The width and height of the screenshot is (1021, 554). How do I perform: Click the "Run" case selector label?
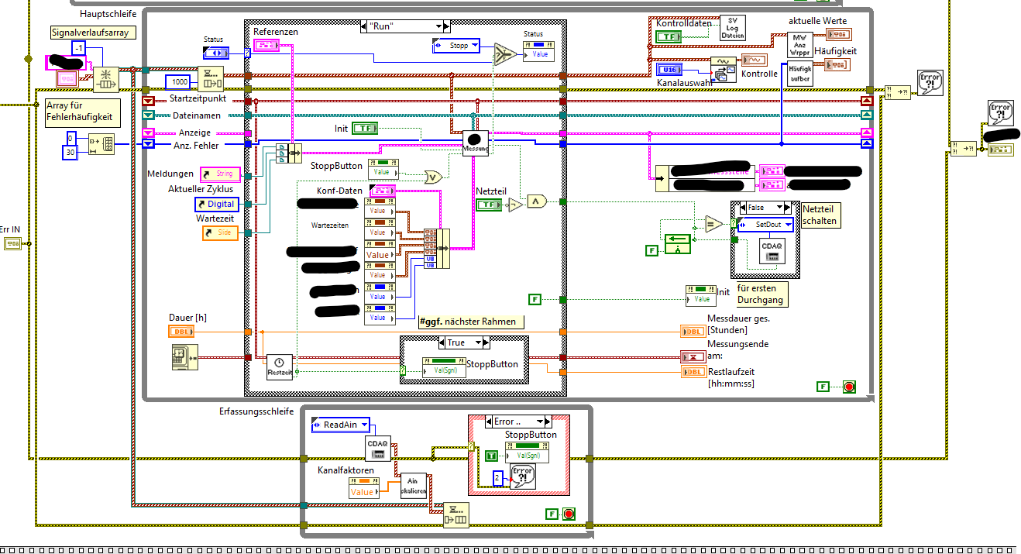point(400,26)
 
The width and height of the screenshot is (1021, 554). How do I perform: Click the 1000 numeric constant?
point(180,82)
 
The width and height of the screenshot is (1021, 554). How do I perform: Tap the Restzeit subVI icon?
point(280,366)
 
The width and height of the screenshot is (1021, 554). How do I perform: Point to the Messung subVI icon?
point(475,143)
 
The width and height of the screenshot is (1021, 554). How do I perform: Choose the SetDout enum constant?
point(765,224)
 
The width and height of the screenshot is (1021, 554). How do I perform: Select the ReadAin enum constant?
point(340,424)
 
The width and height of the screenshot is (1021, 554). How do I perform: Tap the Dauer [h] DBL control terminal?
point(180,332)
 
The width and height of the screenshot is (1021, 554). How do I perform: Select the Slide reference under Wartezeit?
point(220,232)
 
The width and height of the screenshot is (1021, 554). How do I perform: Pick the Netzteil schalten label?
point(819,215)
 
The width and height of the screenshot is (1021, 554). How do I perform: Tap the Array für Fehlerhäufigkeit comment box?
point(81,112)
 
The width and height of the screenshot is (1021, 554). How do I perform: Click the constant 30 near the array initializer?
point(70,152)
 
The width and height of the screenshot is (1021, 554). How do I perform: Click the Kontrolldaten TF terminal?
point(668,36)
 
